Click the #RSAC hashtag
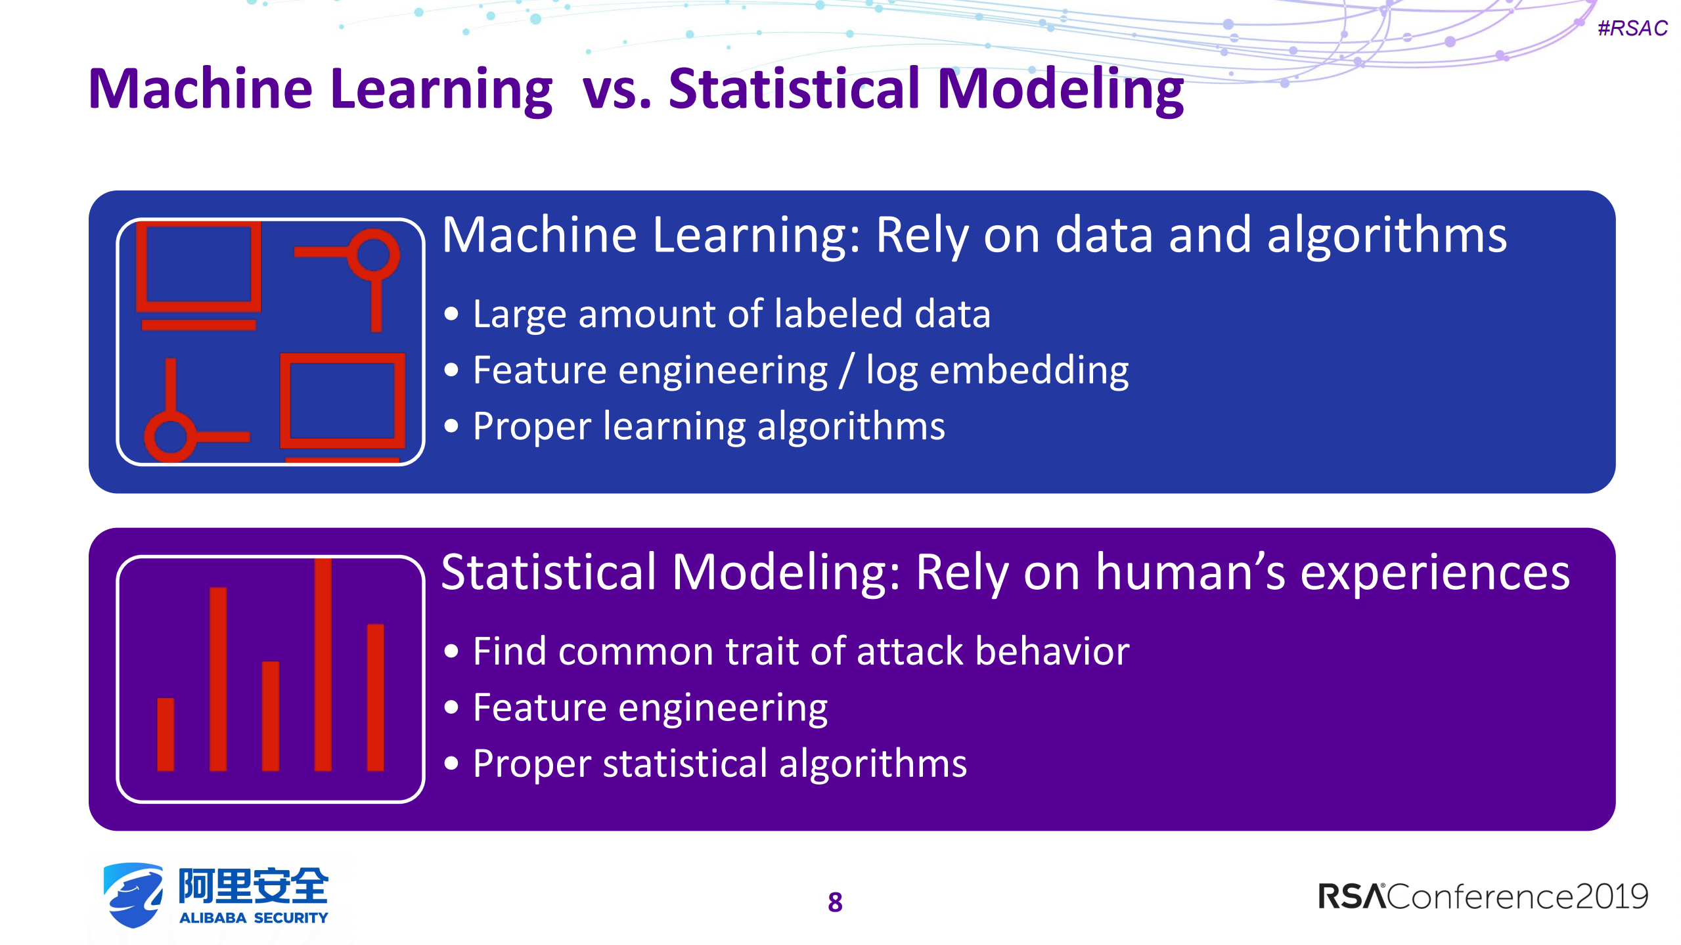pyautogui.click(x=1632, y=28)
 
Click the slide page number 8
pyautogui.click(x=835, y=902)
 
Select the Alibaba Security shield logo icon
pyautogui.click(x=133, y=895)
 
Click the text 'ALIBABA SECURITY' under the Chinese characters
pyautogui.click(x=254, y=918)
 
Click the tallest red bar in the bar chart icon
pyautogui.click(x=323, y=665)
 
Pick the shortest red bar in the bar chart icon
pyautogui.click(x=166, y=734)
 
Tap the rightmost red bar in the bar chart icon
pyautogui.click(x=375, y=697)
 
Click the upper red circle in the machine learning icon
pyautogui.click(x=373, y=255)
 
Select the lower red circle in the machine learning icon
pyautogui.click(x=170, y=437)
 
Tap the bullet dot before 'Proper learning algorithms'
pyautogui.click(x=451, y=427)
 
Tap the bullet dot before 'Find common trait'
pyautogui.click(x=451, y=652)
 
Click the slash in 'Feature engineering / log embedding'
pyautogui.click(x=847, y=371)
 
